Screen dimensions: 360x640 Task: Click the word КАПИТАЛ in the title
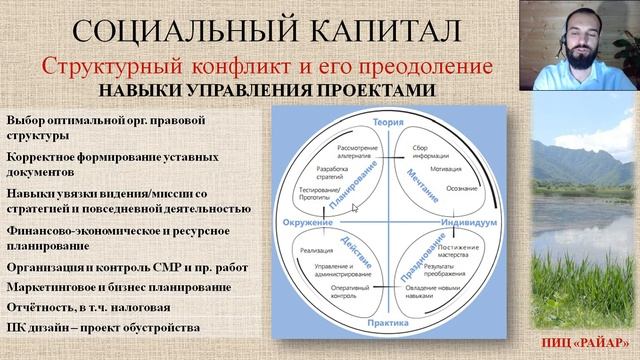pos(383,29)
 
